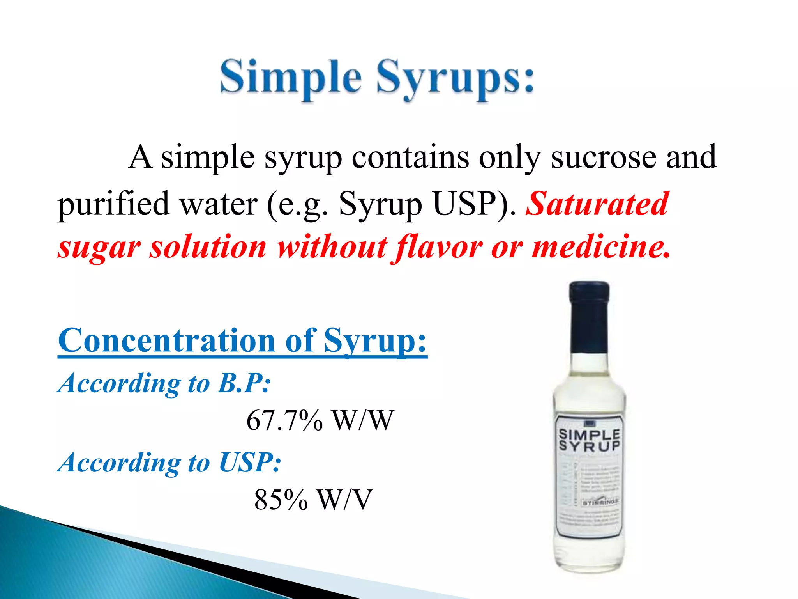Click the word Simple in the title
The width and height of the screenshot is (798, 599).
pos(291,77)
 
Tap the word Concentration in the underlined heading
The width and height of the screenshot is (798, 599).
pos(167,340)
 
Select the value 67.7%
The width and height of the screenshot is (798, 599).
pos(284,420)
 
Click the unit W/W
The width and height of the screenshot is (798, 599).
pos(362,420)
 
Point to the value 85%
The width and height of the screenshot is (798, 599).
pos(281,500)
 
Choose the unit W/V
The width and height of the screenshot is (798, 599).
pos(345,500)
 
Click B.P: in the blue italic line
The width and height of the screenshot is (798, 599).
pos(244,383)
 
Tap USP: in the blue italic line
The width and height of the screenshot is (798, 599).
pos(249,463)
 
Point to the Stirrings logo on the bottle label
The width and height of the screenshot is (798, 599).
pos(600,502)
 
